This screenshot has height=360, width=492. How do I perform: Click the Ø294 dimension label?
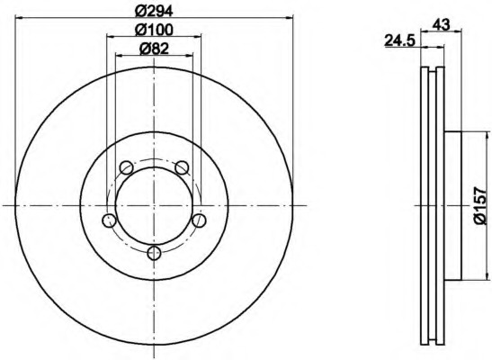[154, 12]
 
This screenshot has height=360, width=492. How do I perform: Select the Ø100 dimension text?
[154, 30]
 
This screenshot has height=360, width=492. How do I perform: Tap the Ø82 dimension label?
[154, 49]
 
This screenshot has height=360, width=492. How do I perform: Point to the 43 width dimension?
[442, 24]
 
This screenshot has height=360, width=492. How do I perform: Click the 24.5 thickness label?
[400, 40]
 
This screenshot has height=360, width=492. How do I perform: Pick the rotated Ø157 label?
[482, 205]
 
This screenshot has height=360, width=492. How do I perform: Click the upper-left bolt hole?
[127, 167]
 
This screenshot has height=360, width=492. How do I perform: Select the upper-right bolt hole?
[182, 167]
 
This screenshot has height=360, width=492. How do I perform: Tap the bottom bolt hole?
[154, 253]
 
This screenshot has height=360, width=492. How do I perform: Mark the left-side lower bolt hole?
[109, 220]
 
